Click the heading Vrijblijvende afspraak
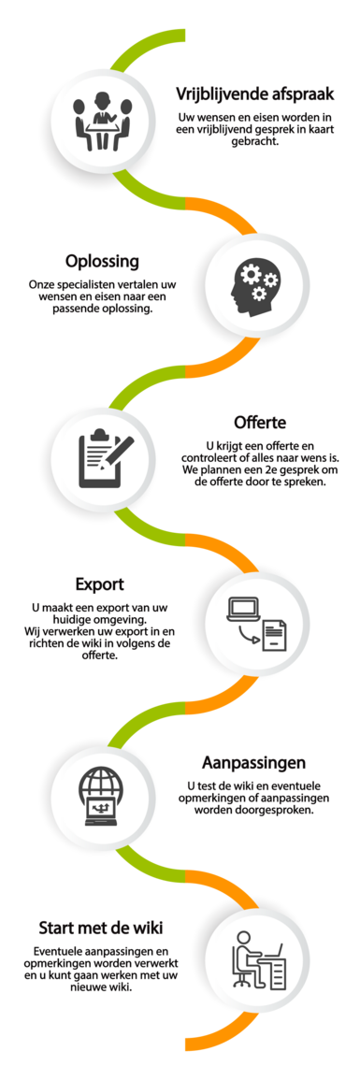254,94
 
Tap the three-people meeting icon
103,122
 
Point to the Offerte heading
259,421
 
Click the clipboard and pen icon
103,459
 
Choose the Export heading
100,584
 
